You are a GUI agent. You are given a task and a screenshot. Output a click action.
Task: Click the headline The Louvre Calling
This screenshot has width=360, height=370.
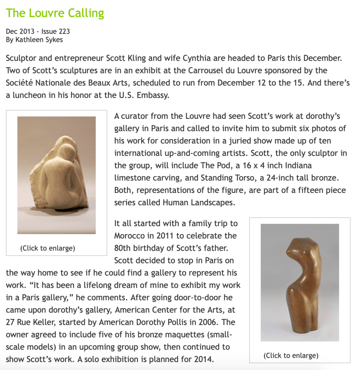(x=55, y=13)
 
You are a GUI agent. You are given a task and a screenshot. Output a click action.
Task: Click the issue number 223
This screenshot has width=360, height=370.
(x=64, y=31)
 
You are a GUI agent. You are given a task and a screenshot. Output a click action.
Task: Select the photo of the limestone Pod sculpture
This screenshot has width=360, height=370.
(x=56, y=175)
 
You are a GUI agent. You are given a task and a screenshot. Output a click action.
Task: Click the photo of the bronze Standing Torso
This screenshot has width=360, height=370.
(x=300, y=282)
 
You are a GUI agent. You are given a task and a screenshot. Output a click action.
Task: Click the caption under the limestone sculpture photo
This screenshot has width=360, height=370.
(x=48, y=248)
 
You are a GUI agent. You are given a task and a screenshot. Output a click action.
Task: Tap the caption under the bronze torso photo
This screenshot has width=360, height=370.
(x=291, y=356)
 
